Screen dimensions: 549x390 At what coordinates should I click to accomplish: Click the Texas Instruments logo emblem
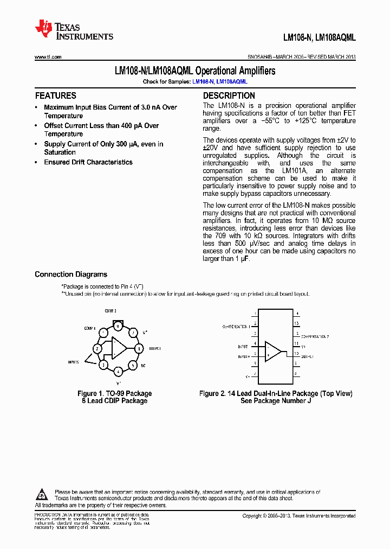point(43,29)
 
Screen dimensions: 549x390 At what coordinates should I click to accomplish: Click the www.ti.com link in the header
point(48,57)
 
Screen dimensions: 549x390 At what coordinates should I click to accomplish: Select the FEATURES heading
point(56,95)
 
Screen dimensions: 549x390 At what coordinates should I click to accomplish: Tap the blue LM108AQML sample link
point(232,81)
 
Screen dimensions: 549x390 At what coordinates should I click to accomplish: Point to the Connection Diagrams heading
point(71,274)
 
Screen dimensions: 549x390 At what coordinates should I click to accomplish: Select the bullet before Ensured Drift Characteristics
point(36,162)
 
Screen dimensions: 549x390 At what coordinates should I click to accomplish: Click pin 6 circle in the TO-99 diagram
point(139,348)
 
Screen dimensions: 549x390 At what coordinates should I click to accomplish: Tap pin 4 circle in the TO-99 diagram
point(118,372)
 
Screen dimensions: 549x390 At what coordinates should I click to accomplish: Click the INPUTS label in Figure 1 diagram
point(74,361)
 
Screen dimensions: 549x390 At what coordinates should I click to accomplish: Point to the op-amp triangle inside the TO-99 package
point(119,348)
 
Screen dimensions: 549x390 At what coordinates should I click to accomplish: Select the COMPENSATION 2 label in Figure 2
point(314,336)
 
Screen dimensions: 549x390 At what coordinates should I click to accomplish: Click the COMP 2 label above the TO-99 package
point(110,311)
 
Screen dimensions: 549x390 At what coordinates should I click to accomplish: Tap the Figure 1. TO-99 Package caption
point(114,393)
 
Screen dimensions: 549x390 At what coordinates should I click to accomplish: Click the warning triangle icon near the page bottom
point(42,495)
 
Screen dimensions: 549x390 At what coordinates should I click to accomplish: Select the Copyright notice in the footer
point(298,516)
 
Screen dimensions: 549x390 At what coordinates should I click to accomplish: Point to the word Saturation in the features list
point(60,152)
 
